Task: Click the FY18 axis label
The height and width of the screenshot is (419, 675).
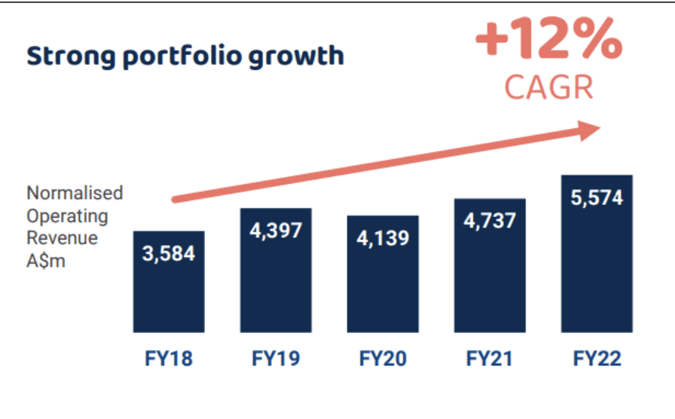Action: point(169,358)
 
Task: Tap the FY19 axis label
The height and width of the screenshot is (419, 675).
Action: point(276,358)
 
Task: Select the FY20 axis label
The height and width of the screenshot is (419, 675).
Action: point(382,358)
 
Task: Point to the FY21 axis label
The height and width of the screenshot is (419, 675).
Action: point(490,358)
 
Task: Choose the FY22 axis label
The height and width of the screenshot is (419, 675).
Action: point(596,358)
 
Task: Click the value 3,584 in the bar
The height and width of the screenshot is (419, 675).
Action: point(169,253)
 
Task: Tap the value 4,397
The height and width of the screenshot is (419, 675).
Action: point(276,230)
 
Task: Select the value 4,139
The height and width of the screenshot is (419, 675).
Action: point(383,238)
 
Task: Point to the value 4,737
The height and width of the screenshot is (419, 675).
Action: point(490,221)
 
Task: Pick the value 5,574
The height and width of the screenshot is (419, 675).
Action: point(596,198)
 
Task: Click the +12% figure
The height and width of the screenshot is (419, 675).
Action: point(548,42)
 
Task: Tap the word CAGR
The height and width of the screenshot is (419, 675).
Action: point(548,87)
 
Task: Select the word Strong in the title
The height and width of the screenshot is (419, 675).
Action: point(65,56)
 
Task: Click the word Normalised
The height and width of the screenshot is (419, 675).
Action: point(75,193)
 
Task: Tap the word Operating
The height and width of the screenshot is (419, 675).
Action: point(68,216)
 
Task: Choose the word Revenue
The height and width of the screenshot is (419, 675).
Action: point(63,239)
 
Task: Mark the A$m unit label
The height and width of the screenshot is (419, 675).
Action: point(46,261)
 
